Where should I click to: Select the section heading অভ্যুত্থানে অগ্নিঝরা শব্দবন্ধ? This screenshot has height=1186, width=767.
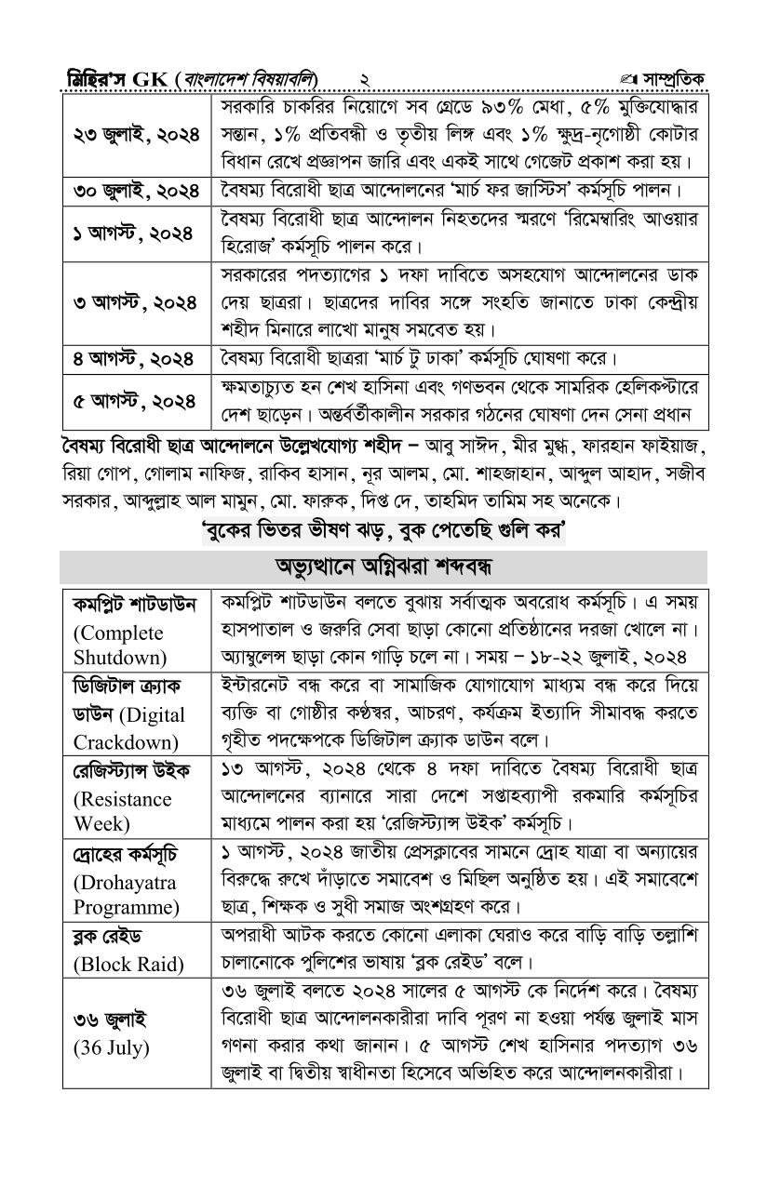click(x=383, y=566)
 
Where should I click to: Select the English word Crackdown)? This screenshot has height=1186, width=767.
click(x=125, y=742)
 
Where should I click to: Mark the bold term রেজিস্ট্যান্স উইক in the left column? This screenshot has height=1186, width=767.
click(x=130, y=771)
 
